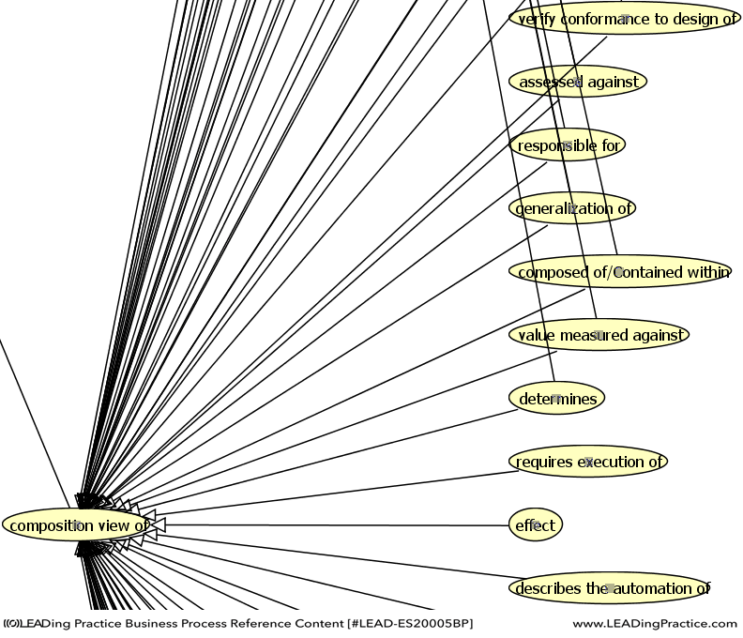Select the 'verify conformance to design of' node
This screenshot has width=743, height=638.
pyautogui.click(x=625, y=19)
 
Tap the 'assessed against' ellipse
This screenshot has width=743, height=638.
pyautogui.click(x=578, y=82)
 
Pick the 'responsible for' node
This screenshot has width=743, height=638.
pyautogui.click(x=569, y=145)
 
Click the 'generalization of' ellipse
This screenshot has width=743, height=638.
pyautogui.click(x=573, y=208)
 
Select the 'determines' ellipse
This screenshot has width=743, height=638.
pyautogui.click(x=557, y=399)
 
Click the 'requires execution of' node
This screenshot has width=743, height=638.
pyautogui.click(x=589, y=462)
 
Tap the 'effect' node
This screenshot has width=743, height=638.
pyautogui.click(x=536, y=525)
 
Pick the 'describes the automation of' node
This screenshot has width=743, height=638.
pyautogui.click(x=610, y=588)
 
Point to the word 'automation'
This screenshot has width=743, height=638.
pyautogui.click(x=649, y=589)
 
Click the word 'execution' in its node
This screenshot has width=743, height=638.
pyautogui.click(x=603, y=462)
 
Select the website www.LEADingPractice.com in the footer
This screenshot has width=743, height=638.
pyautogui.click(x=655, y=624)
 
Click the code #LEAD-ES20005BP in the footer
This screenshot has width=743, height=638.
pyautogui.click(x=410, y=624)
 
